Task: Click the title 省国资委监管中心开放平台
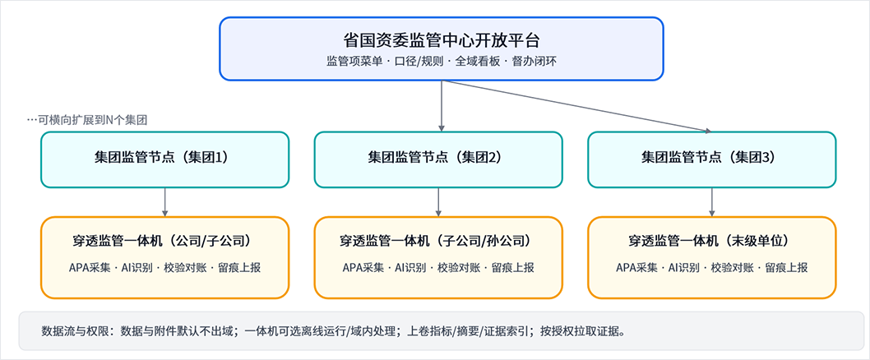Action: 441,39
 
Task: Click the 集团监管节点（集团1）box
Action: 165,159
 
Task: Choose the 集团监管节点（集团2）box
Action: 438,159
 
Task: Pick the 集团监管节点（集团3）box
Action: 712,159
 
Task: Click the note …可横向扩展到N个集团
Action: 87,119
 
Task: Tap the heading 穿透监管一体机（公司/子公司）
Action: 165,242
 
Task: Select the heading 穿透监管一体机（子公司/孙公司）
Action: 438,242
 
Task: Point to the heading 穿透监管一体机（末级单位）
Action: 712,242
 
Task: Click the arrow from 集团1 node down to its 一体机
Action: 165,201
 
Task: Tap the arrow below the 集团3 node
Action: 712,201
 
